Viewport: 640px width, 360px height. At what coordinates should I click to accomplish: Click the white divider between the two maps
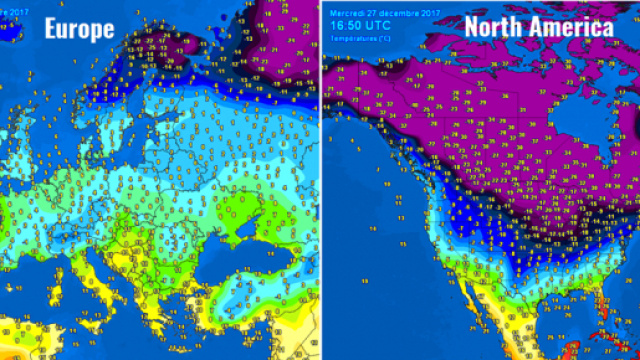pos(320,180)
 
